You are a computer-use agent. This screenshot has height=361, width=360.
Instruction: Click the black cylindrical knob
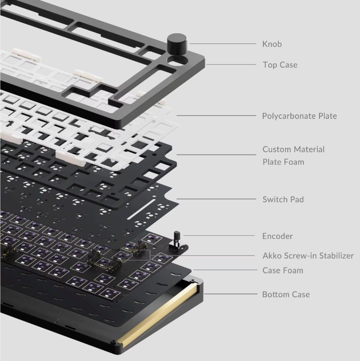(x=177, y=44)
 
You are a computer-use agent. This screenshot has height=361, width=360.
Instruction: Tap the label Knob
(x=272, y=44)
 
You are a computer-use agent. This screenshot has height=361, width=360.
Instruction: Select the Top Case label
(x=280, y=65)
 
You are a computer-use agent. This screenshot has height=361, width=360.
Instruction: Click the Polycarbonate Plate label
(x=299, y=116)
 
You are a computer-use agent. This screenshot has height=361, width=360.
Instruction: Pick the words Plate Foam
(x=284, y=162)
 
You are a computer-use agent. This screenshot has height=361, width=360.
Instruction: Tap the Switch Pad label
(x=283, y=199)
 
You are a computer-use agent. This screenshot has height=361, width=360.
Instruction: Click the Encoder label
(x=278, y=236)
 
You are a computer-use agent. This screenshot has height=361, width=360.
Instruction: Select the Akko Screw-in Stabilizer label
(x=308, y=256)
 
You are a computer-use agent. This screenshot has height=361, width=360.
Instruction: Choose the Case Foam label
(x=283, y=270)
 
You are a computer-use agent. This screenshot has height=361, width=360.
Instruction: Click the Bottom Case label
(x=286, y=294)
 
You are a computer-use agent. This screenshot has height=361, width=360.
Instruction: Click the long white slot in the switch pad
(x=141, y=209)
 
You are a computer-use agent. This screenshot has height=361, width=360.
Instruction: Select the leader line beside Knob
(x=223, y=44)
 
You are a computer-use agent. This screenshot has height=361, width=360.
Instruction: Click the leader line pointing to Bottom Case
(x=231, y=294)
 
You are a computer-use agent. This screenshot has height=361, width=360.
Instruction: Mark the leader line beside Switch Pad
(x=216, y=199)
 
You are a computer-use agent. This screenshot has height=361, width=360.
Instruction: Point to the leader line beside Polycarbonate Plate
(x=216, y=116)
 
